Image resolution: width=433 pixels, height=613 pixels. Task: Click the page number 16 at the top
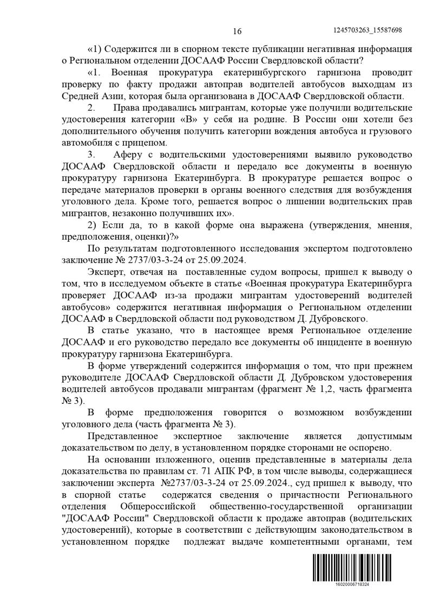coord(237,30)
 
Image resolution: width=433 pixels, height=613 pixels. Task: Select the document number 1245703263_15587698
coord(368,30)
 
